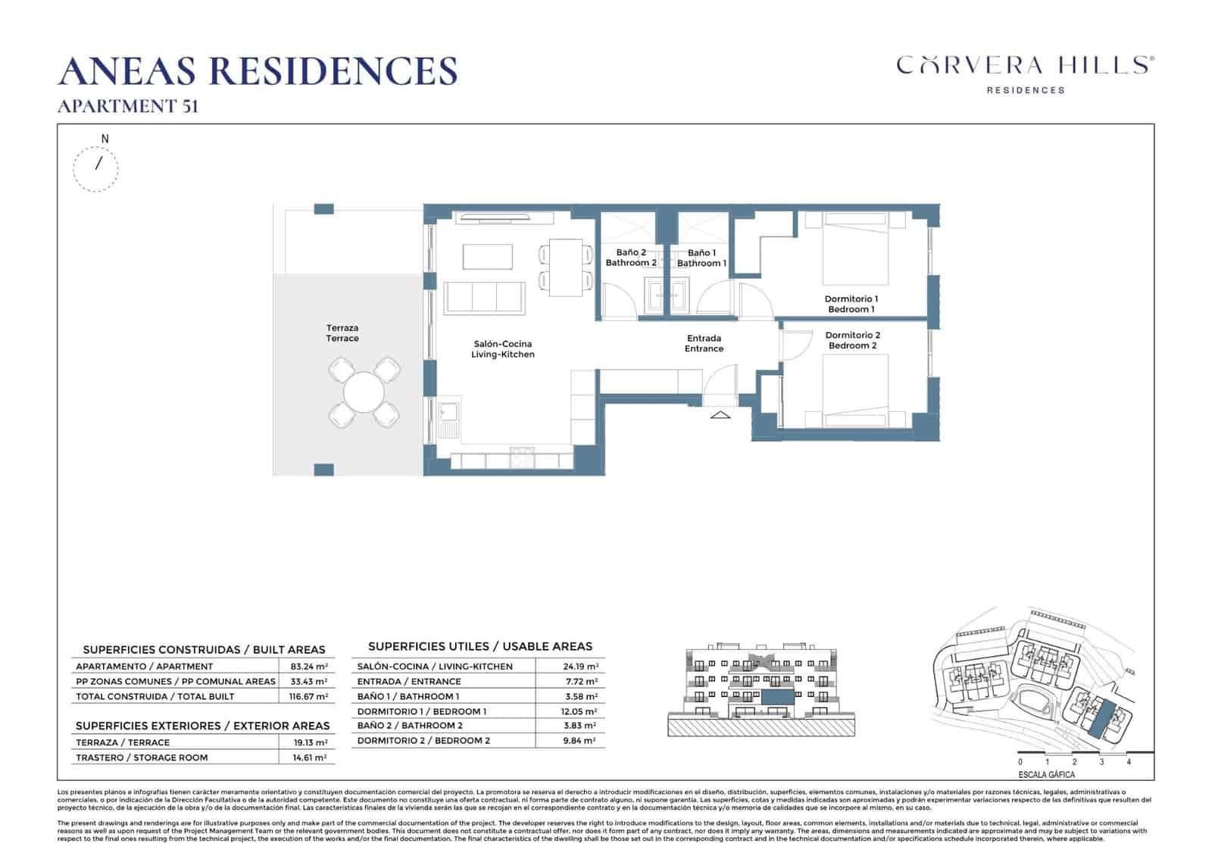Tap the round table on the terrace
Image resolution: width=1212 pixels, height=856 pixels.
point(364,392)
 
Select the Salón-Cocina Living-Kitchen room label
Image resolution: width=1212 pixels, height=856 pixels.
point(502,349)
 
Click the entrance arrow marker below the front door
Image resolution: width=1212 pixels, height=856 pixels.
point(720,415)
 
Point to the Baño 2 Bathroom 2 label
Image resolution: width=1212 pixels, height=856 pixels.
point(630,258)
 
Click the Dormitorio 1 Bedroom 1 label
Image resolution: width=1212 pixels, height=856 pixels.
point(851,304)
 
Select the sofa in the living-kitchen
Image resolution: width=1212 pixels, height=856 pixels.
point(485,297)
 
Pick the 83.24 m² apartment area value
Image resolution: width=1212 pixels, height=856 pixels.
point(308,667)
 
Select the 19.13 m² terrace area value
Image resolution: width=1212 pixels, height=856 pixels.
point(308,742)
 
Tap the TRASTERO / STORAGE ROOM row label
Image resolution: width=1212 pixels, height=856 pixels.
point(142,758)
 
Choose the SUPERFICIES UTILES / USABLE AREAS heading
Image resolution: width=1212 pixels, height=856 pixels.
point(479,646)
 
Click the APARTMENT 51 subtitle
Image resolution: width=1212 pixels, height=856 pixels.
point(128,106)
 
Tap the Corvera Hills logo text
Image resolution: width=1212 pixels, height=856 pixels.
point(1025,66)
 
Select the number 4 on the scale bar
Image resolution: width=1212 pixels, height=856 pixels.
point(1129,762)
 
